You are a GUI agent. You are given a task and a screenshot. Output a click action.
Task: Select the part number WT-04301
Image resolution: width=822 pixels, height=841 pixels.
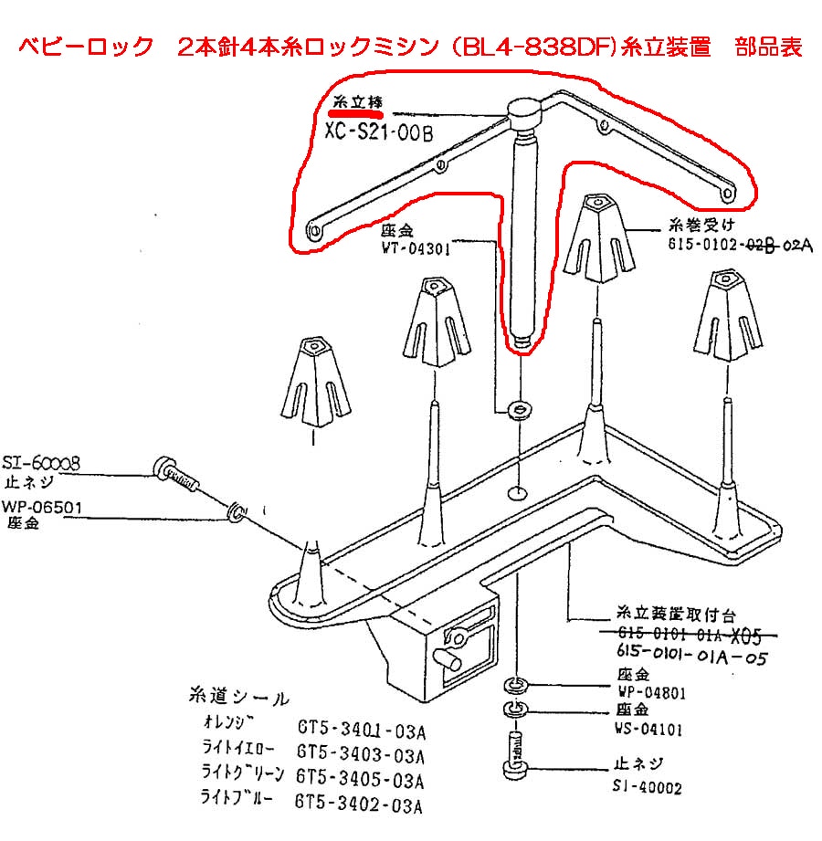(416, 247)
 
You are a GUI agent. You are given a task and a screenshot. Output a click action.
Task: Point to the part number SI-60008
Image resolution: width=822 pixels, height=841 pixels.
(41, 464)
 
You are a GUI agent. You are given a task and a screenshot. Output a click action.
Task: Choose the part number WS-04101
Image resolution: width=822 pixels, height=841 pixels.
(648, 729)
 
